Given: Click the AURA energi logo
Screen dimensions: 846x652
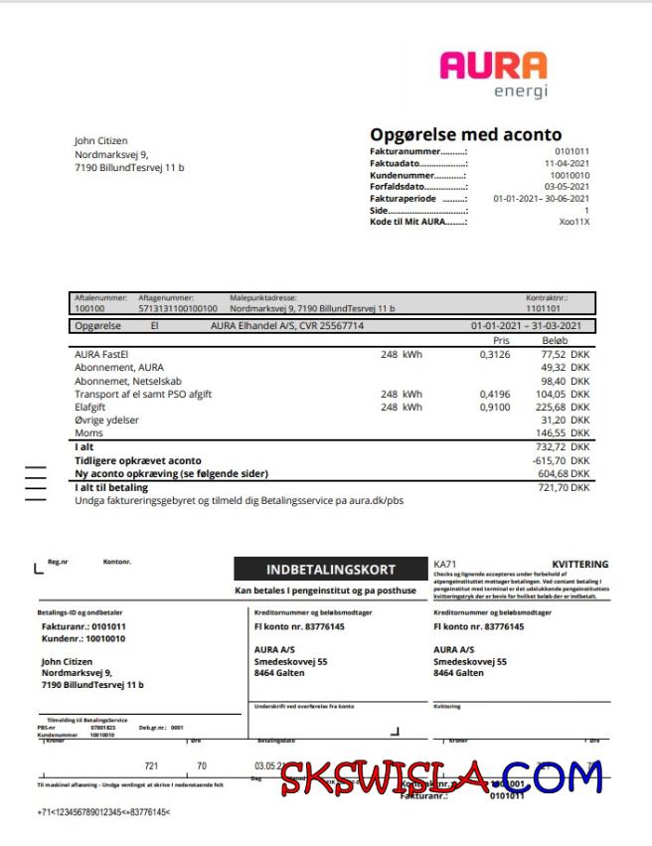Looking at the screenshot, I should click(x=493, y=76).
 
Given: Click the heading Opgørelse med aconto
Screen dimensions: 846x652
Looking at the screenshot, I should click(x=465, y=134).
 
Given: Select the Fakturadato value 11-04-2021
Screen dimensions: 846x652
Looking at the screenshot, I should click(x=567, y=162).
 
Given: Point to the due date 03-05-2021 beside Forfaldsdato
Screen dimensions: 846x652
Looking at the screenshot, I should click(x=567, y=186).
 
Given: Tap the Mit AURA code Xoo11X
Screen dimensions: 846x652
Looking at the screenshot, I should click(x=574, y=222).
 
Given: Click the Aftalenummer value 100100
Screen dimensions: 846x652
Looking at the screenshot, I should click(x=89, y=309).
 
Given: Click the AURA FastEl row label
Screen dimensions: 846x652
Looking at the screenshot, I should click(x=102, y=353).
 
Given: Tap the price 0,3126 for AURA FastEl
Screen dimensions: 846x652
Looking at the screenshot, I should click(x=494, y=353).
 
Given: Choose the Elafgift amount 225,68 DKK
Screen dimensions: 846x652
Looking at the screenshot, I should click(x=565, y=406).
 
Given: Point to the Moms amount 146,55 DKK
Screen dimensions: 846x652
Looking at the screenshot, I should click(x=565, y=433).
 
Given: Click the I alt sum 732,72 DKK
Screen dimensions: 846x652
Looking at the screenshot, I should click(x=565, y=448).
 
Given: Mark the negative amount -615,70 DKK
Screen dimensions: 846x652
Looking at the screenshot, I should click(x=563, y=461).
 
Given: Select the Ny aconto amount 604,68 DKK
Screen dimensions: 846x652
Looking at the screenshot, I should click(x=565, y=474).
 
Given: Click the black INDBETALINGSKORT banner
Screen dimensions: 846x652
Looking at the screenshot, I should click(x=331, y=570).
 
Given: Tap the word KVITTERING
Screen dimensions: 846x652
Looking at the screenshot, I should click(x=579, y=565).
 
